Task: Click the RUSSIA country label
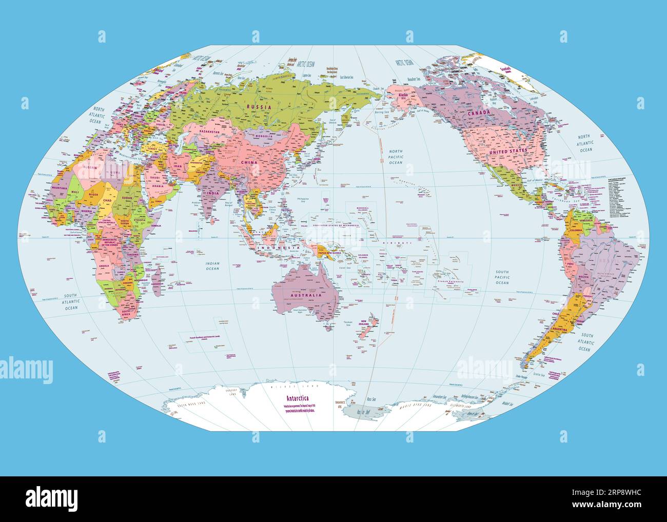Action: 259,107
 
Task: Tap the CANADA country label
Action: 481,112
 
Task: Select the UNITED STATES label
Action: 508,152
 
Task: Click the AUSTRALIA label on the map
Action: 306,295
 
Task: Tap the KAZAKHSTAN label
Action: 206,132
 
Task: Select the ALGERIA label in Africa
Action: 90,167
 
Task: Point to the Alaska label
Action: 403,95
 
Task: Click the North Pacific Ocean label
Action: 396,157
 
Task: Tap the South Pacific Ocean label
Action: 502,277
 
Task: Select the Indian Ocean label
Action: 212,266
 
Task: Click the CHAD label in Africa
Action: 107,200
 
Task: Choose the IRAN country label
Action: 178,167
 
